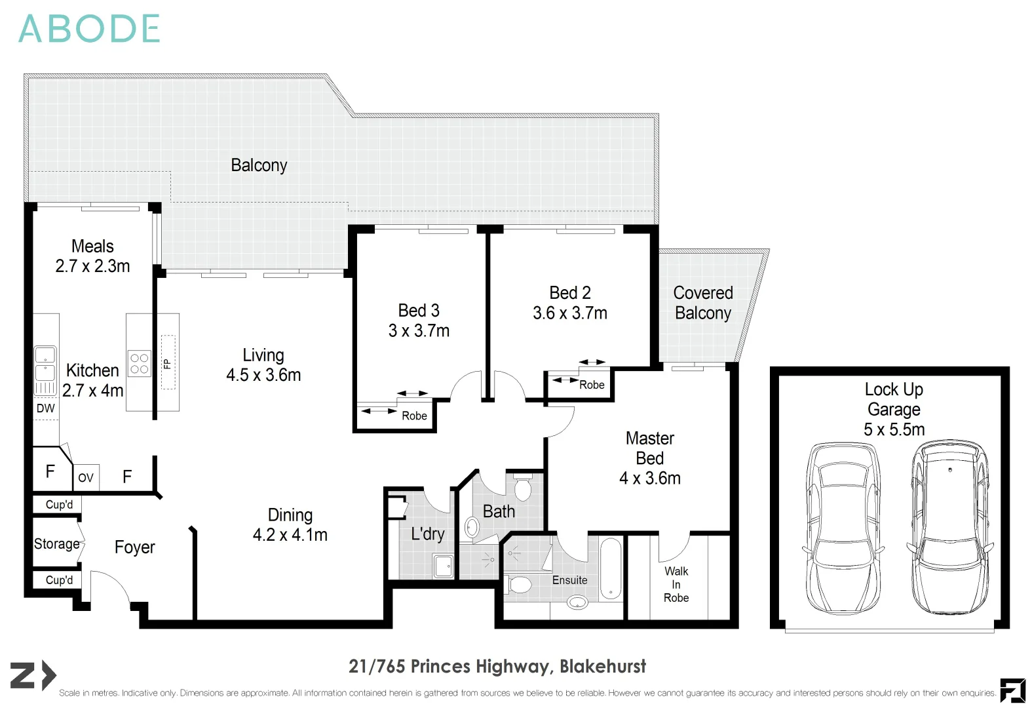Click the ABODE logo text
(89, 29)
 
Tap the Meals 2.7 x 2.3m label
(92, 256)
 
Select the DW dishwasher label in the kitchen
(46, 408)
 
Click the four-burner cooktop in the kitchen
(139, 364)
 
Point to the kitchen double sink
(45, 371)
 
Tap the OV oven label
(86, 477)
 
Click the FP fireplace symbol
(168, 363)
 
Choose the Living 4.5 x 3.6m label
(263, 365)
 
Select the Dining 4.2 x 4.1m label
(290, 525)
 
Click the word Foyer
(134, 547)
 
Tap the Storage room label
(56, 544)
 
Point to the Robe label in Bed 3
(414, 416)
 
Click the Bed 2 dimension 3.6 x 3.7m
(570, 313)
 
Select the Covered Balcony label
(703, 303)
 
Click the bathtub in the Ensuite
(611, 569)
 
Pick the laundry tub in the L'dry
(443, 566)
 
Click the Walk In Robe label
(676, 585)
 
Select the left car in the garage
(843, 528)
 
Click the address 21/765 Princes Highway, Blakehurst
(497, 667)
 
